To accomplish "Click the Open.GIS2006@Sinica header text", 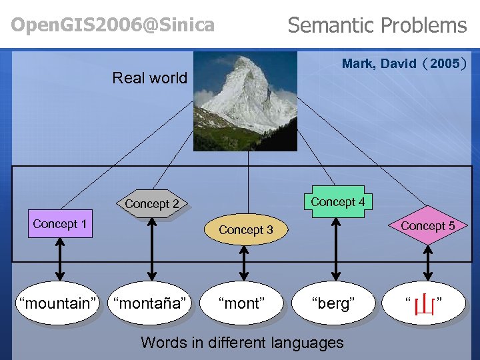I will pyautogui.click(x=113, y=25).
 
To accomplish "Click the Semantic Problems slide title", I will pyautogui.click(x=377, y=25).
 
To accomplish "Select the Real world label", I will pyautogui.click(x=150, y=78).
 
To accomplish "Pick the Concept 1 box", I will pyautogui.click(x=60, y=224).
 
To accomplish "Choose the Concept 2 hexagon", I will pyautogui.click(x=152, y=204).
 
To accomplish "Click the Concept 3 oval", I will pyautogui.click(x=246, y=230).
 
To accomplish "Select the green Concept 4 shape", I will pyautogui.click(x=337, y=202).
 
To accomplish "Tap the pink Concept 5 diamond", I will pyautogui.click(x=427, y=226).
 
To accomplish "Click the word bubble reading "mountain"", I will pyautogui.click(x=57, y=303).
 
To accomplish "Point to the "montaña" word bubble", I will pyautogui.click(x=150, y=303).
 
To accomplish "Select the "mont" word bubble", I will pyautogui.click(x=242, y=303).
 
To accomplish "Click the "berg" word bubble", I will pyautogui.click(x=333, y=303).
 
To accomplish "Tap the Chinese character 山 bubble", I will pyautogui.click(x=425, y=305).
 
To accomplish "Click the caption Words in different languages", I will pyautogui.click(x=242, y=343).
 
